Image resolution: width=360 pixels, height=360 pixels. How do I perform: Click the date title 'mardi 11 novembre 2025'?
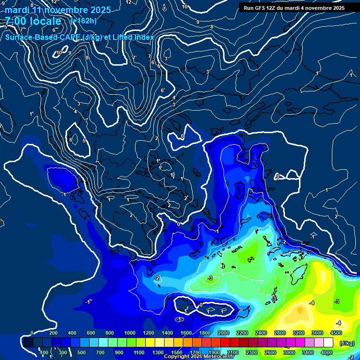pyautogui.click(x=58, y=10)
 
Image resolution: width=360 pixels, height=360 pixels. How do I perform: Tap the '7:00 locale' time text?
pyautogui.click(x=33, y=21)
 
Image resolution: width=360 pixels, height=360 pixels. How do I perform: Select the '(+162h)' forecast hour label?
pyautogui.click(x=83, y=21)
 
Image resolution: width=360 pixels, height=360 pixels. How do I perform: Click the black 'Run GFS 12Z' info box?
pyautogui.click(x=294, y=7)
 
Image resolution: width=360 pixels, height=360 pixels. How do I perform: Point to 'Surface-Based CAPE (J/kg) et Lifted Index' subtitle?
pyautogui.click(x=80, y=37)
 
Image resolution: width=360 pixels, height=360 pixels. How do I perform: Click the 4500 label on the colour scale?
pyautogui.click(x=336, y=333)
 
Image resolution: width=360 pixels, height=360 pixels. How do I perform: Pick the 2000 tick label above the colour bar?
pyautogui.click(x=224, y=333)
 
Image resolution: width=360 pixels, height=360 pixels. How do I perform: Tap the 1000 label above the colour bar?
pyautogui.click(x=129, y=333)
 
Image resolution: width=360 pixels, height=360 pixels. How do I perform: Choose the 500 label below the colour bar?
pyautogui.click(x=82, y=352)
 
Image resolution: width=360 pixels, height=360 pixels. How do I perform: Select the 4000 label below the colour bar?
pyautogui.click(x=327, y=352)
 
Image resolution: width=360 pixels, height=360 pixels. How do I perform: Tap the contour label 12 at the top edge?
pyautogui.click(x=129, y=2)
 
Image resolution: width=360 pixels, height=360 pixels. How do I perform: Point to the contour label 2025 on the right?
pyautogui.click(x=336, y=217)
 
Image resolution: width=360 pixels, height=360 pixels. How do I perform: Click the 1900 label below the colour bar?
pyautogui.click(x=214, y=352)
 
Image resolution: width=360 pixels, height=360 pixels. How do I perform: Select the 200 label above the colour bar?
pyautogui.click(x=53, y=333)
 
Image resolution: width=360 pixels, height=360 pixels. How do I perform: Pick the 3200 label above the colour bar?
pyautogui.click(x=299, y=333)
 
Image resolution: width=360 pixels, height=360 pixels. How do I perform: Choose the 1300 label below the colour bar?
pyautogui.click(x=157, y=352)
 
